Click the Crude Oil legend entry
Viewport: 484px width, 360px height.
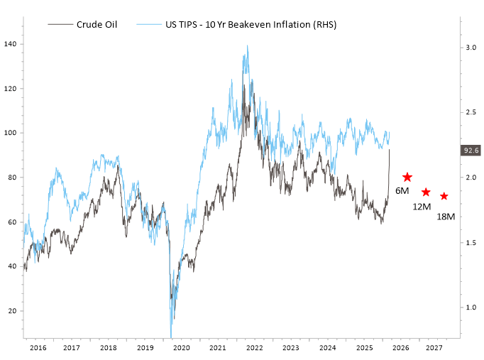(x=97, y=24)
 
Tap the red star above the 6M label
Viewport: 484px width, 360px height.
(x=407, y=178)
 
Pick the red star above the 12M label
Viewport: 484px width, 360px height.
(x=426, y=192)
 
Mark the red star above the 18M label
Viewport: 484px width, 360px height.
(x=444, y=197)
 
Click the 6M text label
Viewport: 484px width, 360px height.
(x=402, y=192)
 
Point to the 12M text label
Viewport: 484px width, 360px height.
(x=423, y=206)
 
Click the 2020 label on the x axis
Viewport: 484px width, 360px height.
(x=182, y=348)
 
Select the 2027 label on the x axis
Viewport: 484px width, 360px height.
(x=434, y=348)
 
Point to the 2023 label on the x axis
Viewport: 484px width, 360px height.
(x=291, y=348)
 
